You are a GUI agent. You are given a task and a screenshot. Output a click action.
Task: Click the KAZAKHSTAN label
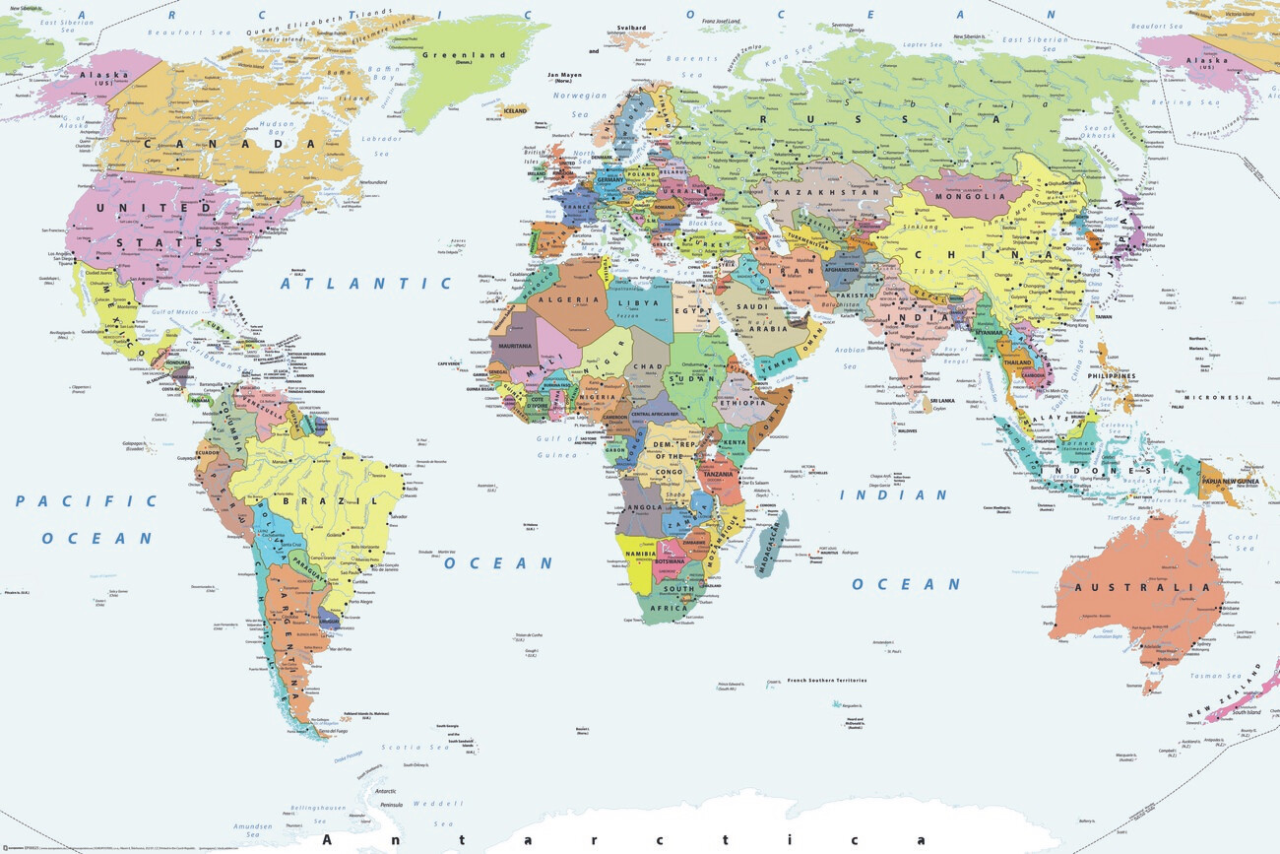point(813,193)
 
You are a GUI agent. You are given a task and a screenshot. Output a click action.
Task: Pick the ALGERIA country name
point(568,298)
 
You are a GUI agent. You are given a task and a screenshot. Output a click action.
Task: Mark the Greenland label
point(463,56)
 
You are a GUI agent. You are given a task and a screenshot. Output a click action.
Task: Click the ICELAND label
point(515,111)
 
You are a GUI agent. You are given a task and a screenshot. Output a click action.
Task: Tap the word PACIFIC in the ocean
point(86,500)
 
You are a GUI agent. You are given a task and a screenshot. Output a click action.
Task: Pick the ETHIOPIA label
point(742,403)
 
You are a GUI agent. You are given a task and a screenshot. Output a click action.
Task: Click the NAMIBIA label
point(640,556)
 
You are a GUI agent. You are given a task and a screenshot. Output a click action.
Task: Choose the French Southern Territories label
point(826,681)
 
